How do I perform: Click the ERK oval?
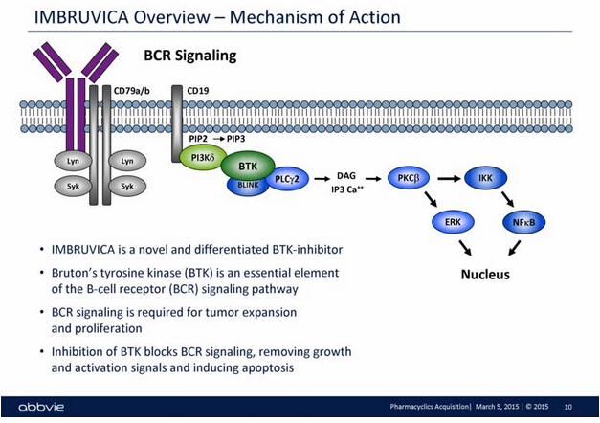click(x=452, y=222)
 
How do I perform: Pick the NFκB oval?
click(x=523, y=222)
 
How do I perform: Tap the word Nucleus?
click(x=486, y=275)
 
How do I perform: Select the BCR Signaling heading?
click(x=189, y=56)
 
